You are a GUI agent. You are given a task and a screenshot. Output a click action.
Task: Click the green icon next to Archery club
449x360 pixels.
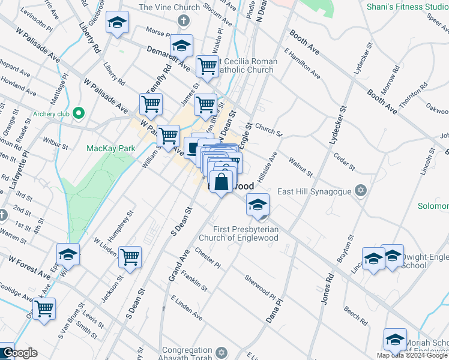pos(79,113)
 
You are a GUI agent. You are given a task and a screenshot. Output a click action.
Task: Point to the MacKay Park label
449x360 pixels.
pos(111,148)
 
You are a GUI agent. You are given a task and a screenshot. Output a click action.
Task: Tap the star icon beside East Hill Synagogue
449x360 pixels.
pos(360,191)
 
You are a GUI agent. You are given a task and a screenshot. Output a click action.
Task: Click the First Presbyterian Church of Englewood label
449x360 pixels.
pos(246,233)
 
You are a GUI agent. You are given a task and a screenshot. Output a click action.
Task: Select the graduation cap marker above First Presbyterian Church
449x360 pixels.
pos(258,206)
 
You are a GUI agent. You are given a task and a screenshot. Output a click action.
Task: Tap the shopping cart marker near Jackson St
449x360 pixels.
pos(130,257)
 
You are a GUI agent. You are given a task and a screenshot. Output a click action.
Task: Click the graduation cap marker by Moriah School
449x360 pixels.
pos(395,340)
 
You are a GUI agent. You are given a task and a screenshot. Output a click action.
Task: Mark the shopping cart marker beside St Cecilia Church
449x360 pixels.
pos(207,67)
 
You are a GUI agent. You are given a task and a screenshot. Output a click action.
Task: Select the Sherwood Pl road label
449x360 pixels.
pos(260,287)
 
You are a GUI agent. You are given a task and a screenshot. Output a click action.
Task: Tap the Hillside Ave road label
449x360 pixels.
pos(268,166)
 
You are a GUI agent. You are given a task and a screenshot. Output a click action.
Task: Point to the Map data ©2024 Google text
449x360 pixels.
pos(412,355)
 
